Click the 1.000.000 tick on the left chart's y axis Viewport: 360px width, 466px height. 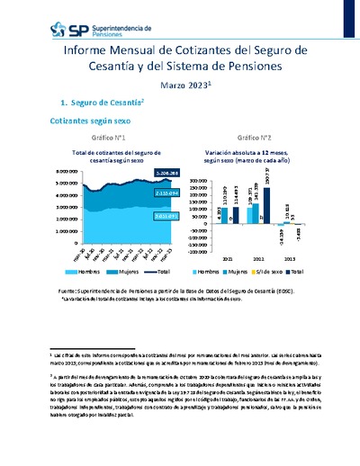[42, 229]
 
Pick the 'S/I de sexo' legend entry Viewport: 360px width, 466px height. [277, 271]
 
